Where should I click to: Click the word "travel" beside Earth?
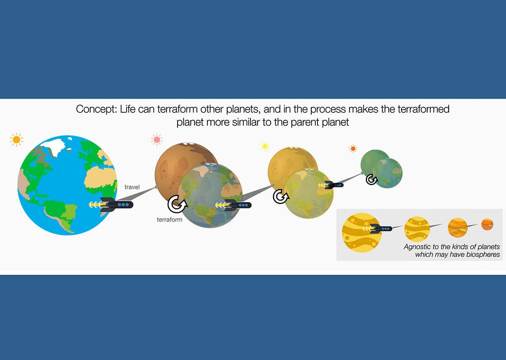(x=132, y=186)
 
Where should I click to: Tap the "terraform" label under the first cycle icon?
(x=169, y=220)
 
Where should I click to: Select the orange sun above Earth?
(x=16, y=139)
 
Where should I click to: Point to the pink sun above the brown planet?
(x=157, y=139)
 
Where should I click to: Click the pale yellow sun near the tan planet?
(x=265, y=146)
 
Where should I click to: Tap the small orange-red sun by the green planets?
(x=353, y=149)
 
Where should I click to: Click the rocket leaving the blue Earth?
(x=112, y=205)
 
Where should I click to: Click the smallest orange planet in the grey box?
(x=487, y=224)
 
